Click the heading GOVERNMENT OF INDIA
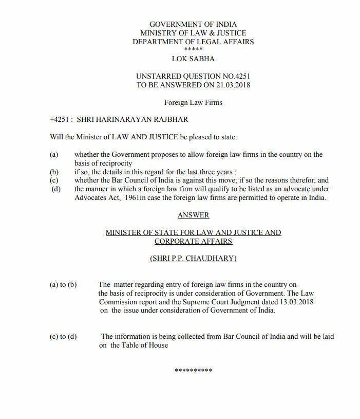193,24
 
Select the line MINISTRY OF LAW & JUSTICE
193,33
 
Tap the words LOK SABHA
193,59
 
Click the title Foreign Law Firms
193,102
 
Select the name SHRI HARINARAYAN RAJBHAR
132,120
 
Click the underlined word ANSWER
193,215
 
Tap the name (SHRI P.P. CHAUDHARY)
193,259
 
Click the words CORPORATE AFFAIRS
193,241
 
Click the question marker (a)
54,155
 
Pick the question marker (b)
54,172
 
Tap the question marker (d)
54,189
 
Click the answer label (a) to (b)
63,285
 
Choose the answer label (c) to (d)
63,337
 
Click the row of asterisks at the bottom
193,371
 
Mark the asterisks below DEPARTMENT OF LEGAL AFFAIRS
193,49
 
